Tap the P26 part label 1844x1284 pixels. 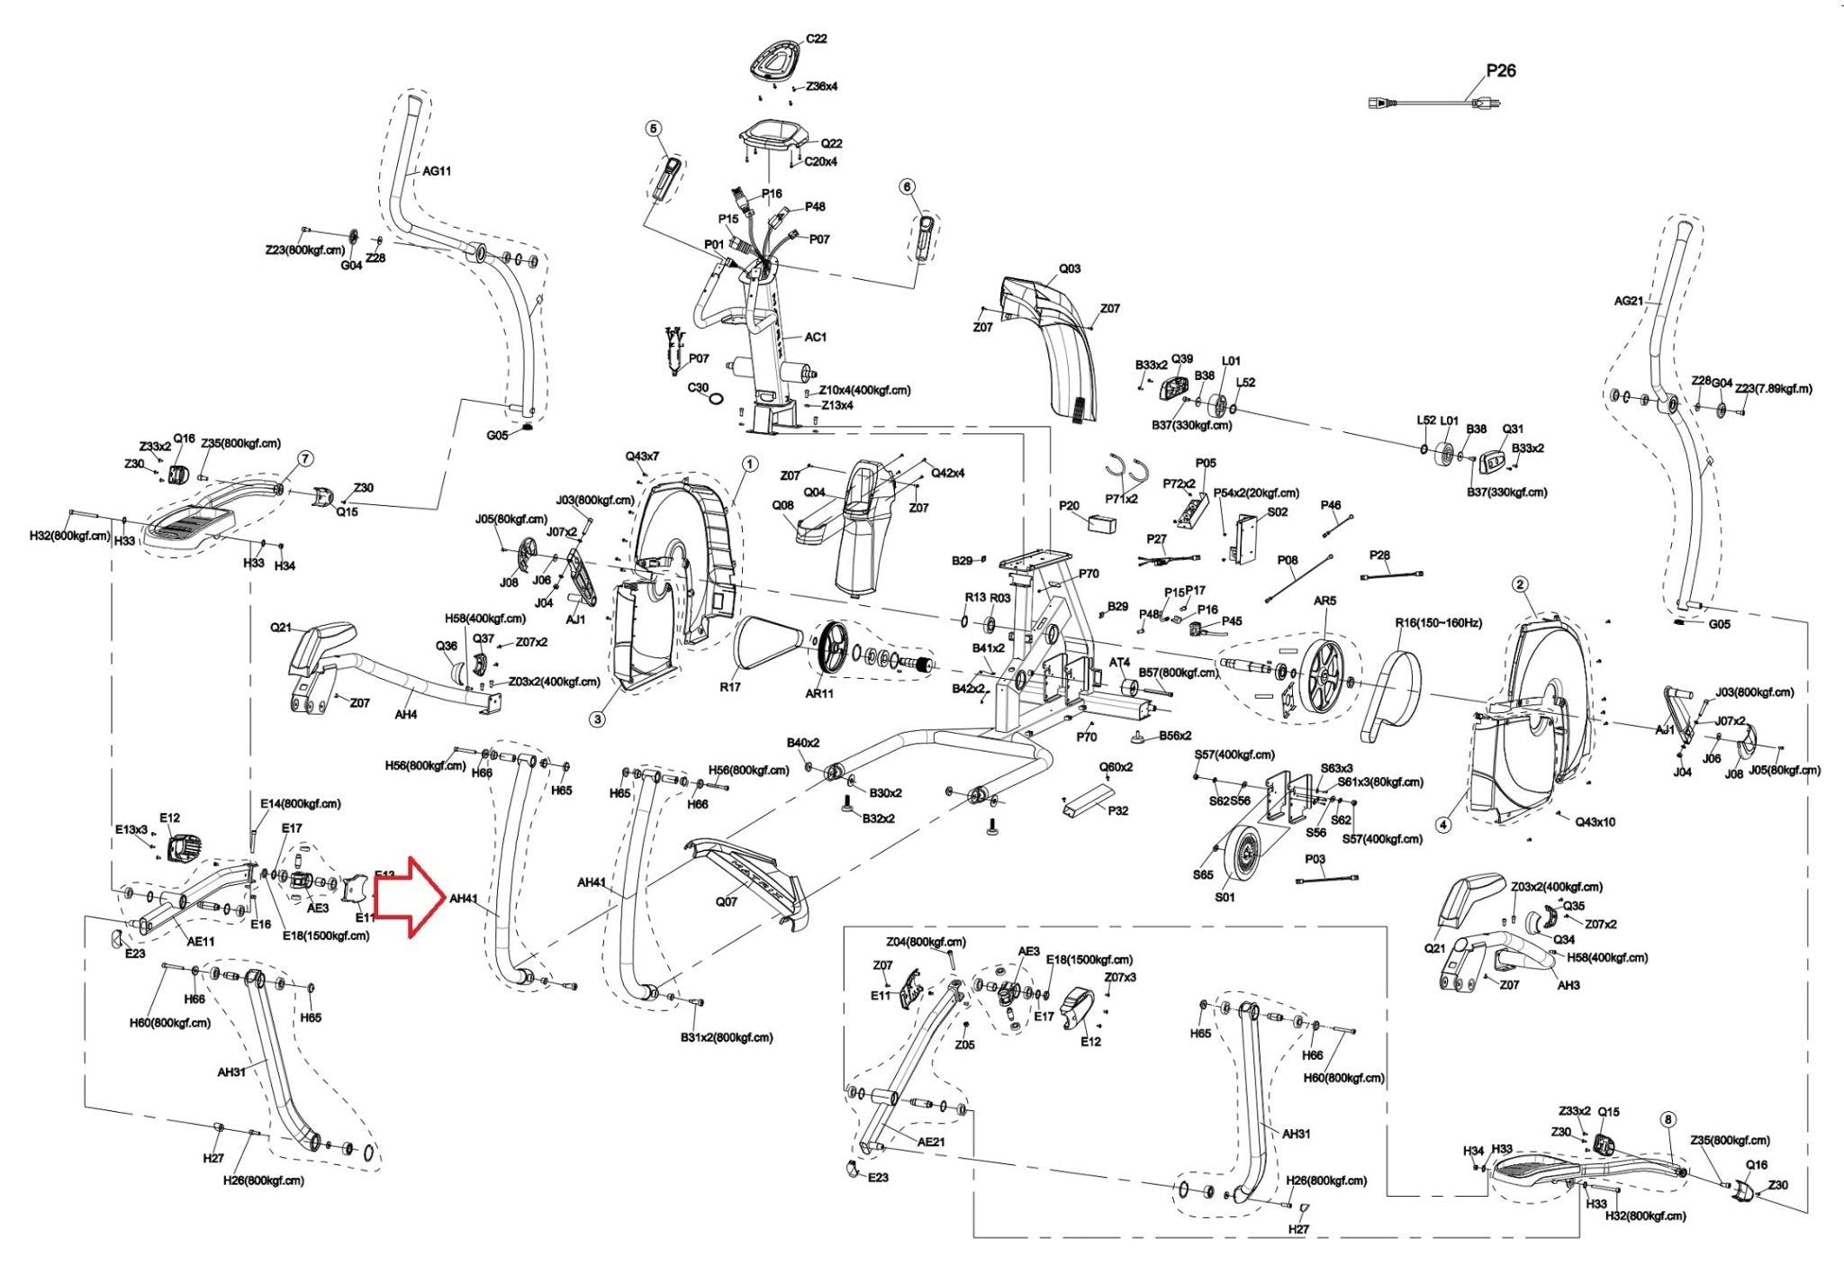pos(1501,70)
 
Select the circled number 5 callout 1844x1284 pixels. pos(654,129)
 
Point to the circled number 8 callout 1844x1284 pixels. pos(1668,1120)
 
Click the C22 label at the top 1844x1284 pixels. pos(816,39)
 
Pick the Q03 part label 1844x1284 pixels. pos(1070,268)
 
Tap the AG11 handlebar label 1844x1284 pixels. pos(437,171)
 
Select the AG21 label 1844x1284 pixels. pos(1629,301)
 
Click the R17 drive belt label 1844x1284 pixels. pos(730,687)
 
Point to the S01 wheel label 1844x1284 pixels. pos(1225,897)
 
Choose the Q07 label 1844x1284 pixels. pos(726,901)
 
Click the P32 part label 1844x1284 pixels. pos(1117,810)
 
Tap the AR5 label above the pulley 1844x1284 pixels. pos(1324,601)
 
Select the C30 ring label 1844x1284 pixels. pos(699,388)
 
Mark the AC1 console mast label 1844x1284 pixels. pos(815,337)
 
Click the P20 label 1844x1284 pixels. pos(1069,506)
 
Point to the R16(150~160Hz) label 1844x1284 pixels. pos(1439,623)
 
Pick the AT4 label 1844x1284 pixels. pos(1119,663)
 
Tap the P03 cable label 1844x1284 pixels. pos(1315,859)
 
